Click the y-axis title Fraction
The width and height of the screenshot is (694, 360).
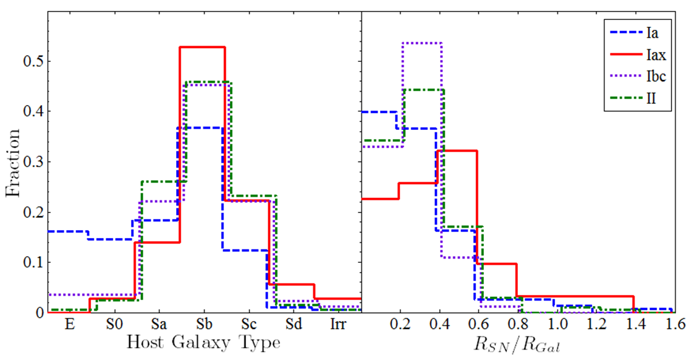[x=13, y=163]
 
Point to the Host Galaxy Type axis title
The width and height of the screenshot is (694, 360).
[x=203, y=343]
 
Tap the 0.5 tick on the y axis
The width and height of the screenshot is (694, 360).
[x=33, y=61]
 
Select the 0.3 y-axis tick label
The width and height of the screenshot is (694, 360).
[x=33, y=161]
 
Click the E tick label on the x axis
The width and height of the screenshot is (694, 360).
[x=69, y=325]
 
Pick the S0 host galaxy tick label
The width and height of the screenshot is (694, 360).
[x=114, y=325]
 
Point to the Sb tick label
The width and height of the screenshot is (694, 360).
[x=203, y=325]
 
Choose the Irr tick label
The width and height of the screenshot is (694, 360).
[x=339, y=325]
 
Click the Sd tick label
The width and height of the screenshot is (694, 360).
[x=293, y=325]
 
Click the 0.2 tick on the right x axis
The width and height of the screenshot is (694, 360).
[x=400, y=325]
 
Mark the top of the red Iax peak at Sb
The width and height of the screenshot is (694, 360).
[x=202, y=47]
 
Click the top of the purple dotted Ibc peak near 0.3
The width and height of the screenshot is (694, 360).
[x=422, y=43]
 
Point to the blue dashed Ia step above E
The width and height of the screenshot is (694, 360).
[x=68, y=231]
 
